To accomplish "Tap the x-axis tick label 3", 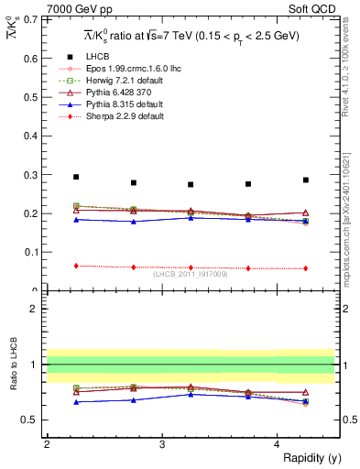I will pyautogui.click(x=161, y=444).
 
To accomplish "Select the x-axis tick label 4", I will pyautogui.click(x=277, y=444).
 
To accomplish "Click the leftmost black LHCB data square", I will pyautogui.click(x=76, y=177).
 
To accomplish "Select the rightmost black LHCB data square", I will pyautogui.click(x=306, y=180).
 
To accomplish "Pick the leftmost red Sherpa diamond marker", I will pyautogui.click(x=76, y=266).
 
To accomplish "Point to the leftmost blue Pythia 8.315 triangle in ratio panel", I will pyautogui.click(x=76, y=401).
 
